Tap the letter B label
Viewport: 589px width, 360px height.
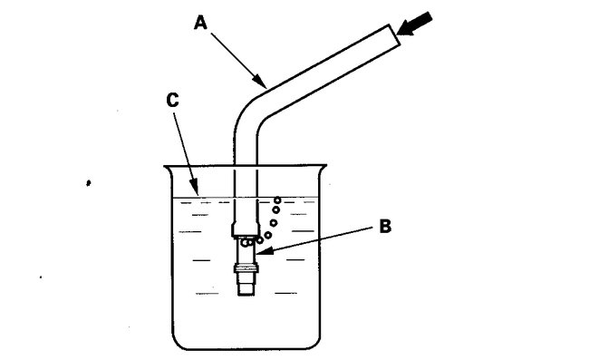[384, 226]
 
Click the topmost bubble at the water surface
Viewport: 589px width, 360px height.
[277, 198]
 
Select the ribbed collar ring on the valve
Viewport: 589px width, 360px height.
[246, 268]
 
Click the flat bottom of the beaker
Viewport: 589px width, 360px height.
[246, 348]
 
